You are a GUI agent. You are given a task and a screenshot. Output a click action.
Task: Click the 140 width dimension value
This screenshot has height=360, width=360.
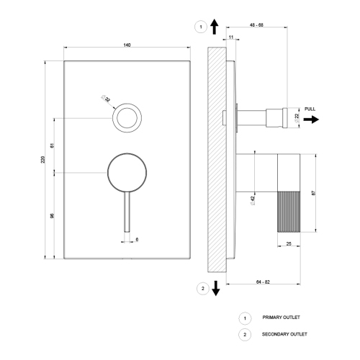tap(127, 45)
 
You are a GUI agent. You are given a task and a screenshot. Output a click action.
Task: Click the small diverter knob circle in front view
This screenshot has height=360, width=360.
tap(127, 117)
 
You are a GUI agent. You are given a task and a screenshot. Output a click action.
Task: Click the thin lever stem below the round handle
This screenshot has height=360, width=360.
tap(127, 212)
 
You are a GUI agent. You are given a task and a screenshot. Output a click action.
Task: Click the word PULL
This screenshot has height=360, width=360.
tap(310, 109)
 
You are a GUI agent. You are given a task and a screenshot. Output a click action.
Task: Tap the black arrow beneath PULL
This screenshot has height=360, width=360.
tap(311, 120)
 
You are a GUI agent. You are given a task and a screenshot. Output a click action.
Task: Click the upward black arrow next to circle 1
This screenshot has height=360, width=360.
tap(215, 27)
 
